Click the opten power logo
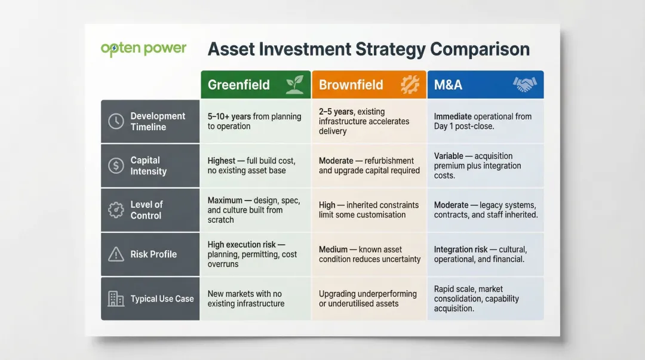click(x=143, y=48)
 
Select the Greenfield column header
click(x=239, y=85)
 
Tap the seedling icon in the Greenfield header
click(x=294, y=85)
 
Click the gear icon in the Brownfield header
click(x=410, y=85)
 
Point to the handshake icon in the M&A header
click(x=524, y=85)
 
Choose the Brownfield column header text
click(x=351, y=85)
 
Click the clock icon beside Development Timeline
click(x=116, y=122)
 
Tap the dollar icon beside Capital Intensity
click(x=116, y=166)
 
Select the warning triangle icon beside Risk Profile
click(x=116, y=254)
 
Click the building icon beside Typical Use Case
click(x=116, y=299)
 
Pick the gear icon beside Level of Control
click(x=116, y=210)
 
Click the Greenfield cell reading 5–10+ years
click(x=254, y=121)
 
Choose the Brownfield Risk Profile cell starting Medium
click(x=370, y=254)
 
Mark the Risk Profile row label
click(x=153, y=254)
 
